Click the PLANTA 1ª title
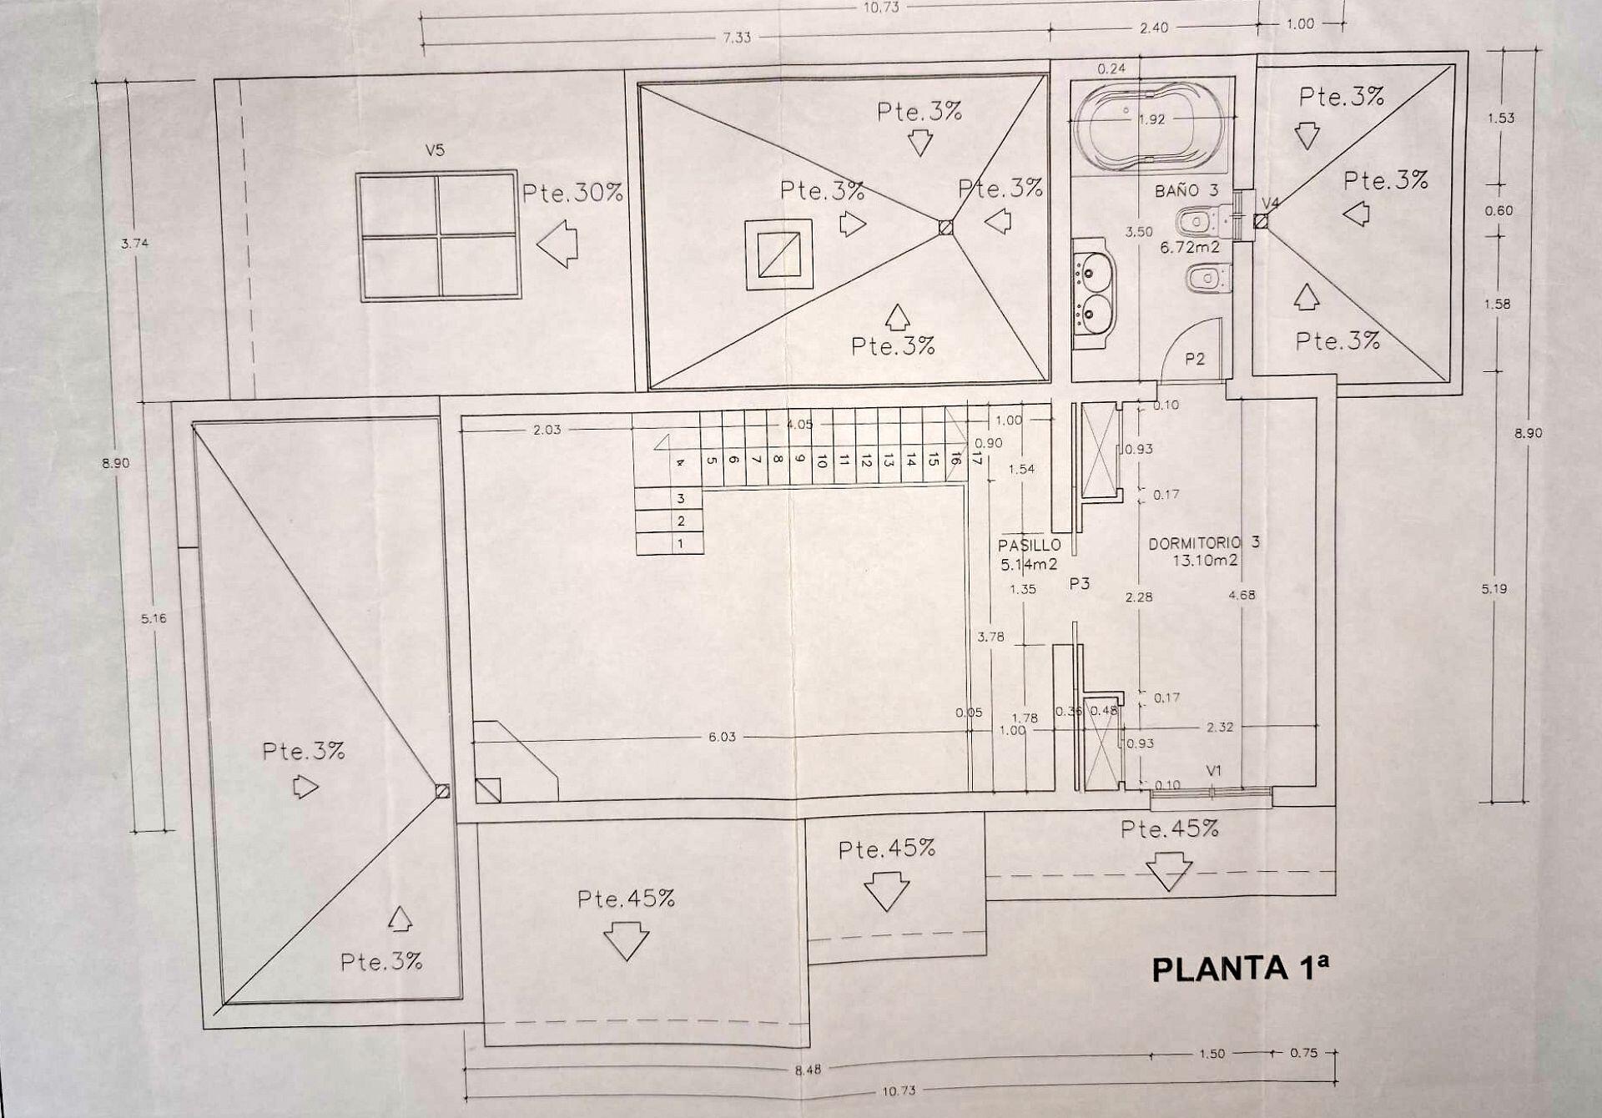click(1240, 969)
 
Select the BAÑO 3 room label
click(1186, 190)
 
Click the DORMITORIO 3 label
click(1204, 543)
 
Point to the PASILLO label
click(1029, 546)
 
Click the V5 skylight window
click(437, 236)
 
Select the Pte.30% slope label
click(572, 193)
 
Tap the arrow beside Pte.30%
click(557, 244)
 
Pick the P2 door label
click(1195, 359)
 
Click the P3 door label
click(1080, 584)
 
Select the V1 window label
click(1214, 771)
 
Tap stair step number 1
click(681, 543)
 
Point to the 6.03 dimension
click(722, 737)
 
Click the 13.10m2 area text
click(1205, 561)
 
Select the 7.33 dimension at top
click(737, 38)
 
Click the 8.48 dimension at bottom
click(808, 1069)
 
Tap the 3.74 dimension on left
click(134, 244)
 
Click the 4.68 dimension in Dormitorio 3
click(1242, 595)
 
